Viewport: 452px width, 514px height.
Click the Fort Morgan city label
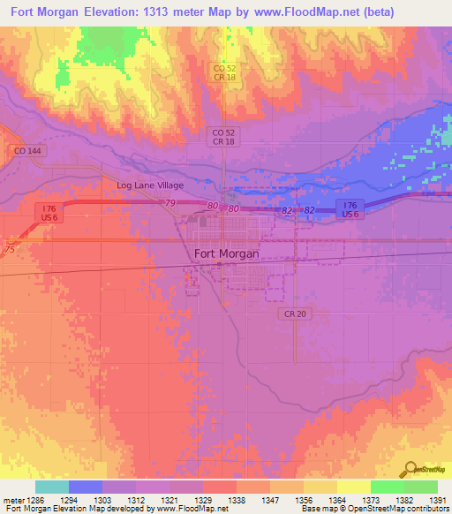(226, 253)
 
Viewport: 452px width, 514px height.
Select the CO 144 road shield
(26, 151)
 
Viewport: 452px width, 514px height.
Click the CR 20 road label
(295, 314)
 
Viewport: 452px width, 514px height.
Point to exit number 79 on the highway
(171, 204)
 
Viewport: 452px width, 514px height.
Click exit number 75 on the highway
(9, 250)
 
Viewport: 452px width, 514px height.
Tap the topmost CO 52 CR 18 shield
(223, 72)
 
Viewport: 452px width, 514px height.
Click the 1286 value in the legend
(34, 500)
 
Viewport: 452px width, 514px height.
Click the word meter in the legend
(11, 500)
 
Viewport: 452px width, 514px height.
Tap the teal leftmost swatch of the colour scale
(51, 487)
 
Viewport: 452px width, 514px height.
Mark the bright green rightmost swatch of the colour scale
(420, 487)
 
